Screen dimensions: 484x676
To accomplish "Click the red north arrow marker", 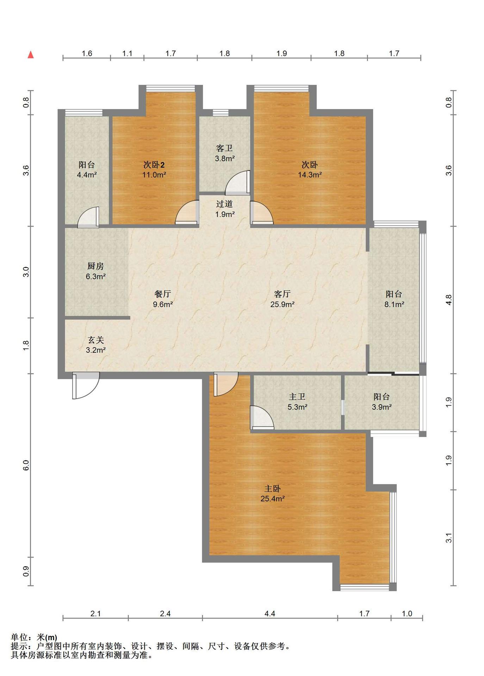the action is tap(31, 55).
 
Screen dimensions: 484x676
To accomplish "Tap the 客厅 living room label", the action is tap(282, 294).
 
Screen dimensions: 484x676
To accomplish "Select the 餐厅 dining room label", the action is tap(163, 294).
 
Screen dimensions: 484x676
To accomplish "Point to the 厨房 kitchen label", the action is tap(95, 266).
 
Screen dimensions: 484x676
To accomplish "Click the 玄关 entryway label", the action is tap(96, 340).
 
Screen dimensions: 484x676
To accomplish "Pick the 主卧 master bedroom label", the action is tap(273, 489).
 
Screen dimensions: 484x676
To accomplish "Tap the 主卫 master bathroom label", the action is tap(297, 397).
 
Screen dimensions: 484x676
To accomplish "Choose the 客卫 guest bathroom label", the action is tap(225, 149).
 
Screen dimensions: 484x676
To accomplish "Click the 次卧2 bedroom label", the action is tap(154, 165).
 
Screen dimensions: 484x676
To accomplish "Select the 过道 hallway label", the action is tap(224, 204).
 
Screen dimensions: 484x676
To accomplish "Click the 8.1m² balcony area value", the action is tap(394, 305).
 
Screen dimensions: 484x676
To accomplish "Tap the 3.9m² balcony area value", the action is tap(382, 407).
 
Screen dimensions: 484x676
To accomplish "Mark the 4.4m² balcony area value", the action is tap(87, 175).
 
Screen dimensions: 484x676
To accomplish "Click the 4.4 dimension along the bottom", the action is tap(270, 614).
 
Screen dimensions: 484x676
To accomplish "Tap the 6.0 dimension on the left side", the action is tap(26, 465).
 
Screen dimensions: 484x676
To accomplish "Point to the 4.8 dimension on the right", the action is tap(448, 300).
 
